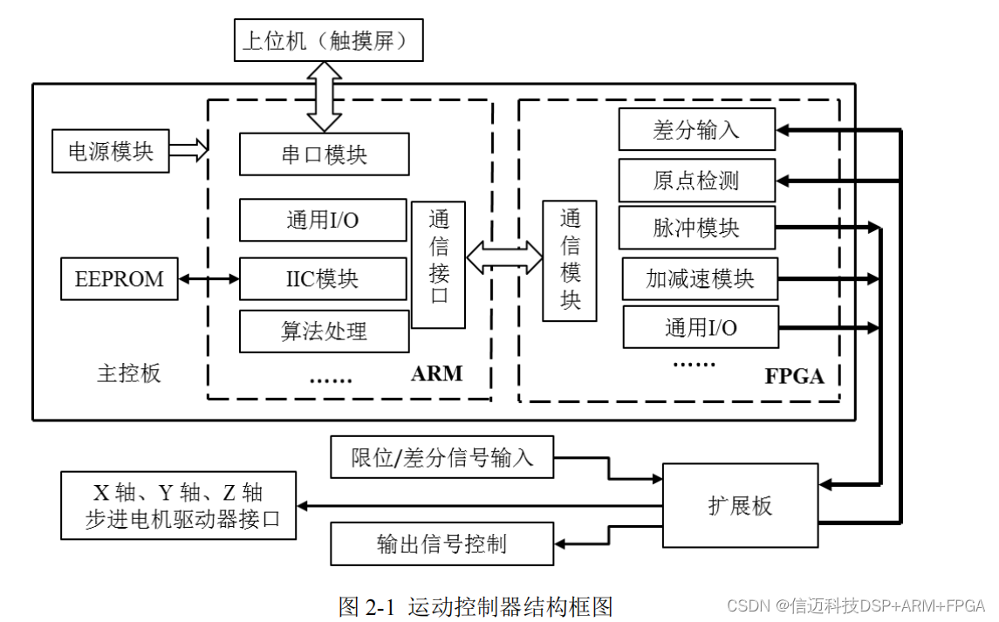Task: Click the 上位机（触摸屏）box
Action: [328, 41]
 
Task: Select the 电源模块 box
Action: [111, 151]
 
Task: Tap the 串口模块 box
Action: [324, 154]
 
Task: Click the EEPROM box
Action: [120, 279]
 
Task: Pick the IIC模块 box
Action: [323, 279]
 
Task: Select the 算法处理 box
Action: [324, 331]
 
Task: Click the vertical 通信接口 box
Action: [438, 265]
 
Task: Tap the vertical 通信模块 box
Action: [569, 260]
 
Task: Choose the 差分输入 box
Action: [696, 130]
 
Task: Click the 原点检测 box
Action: [696, 180]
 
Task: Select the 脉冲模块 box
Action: [696, 228]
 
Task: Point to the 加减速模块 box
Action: [700, 279]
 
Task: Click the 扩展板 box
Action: [740, 506]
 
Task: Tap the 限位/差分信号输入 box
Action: [441, 457]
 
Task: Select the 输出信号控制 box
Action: [441, 543]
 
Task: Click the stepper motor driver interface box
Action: [178, 505]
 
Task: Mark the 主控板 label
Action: [129, 373]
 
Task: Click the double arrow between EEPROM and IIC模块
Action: [209, 279]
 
